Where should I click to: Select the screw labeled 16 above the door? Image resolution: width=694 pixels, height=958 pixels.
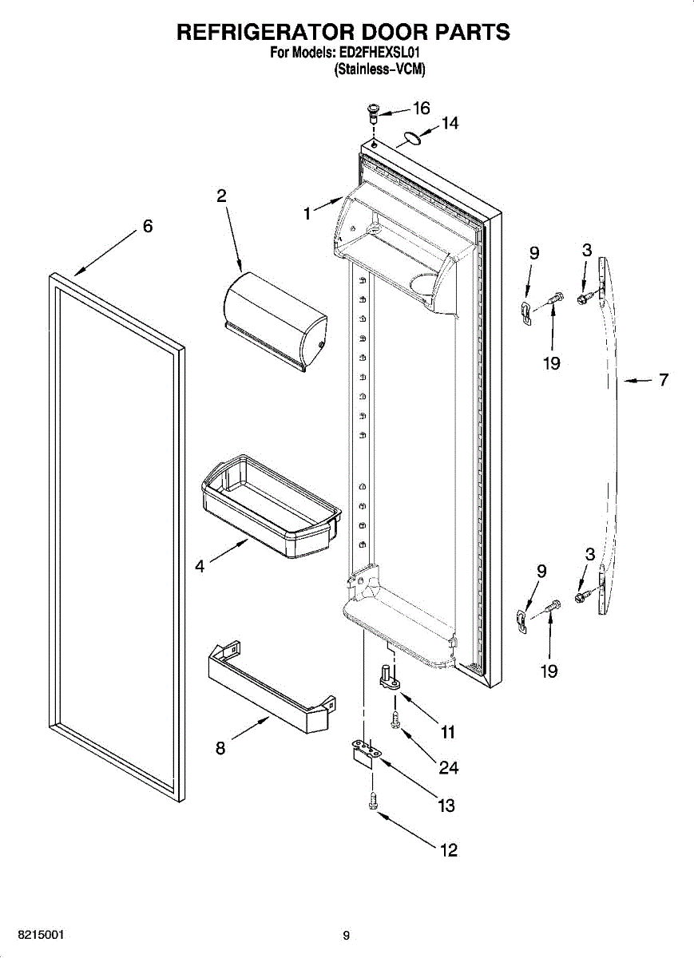(x=372, y=112)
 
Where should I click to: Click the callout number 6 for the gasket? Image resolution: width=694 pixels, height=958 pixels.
(x=148, y=226)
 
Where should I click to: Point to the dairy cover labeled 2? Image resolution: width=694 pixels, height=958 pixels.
(x=275, y=319)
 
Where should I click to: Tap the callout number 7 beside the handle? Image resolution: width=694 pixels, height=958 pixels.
(x=664, y=380)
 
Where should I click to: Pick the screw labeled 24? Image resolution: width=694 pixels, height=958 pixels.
(x=395, y=720)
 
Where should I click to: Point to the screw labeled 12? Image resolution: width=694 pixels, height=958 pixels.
(x=372, y=801)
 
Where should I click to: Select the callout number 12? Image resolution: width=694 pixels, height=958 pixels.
(x=450, y=850)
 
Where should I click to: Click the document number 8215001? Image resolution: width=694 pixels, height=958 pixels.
(x=33, y=935)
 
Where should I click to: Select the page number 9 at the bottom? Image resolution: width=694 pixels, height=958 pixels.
(x=346, y=936)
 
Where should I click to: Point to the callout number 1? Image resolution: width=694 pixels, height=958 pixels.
(x=307, y=213)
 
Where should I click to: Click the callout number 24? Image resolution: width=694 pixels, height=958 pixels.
(x=449, y=767)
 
